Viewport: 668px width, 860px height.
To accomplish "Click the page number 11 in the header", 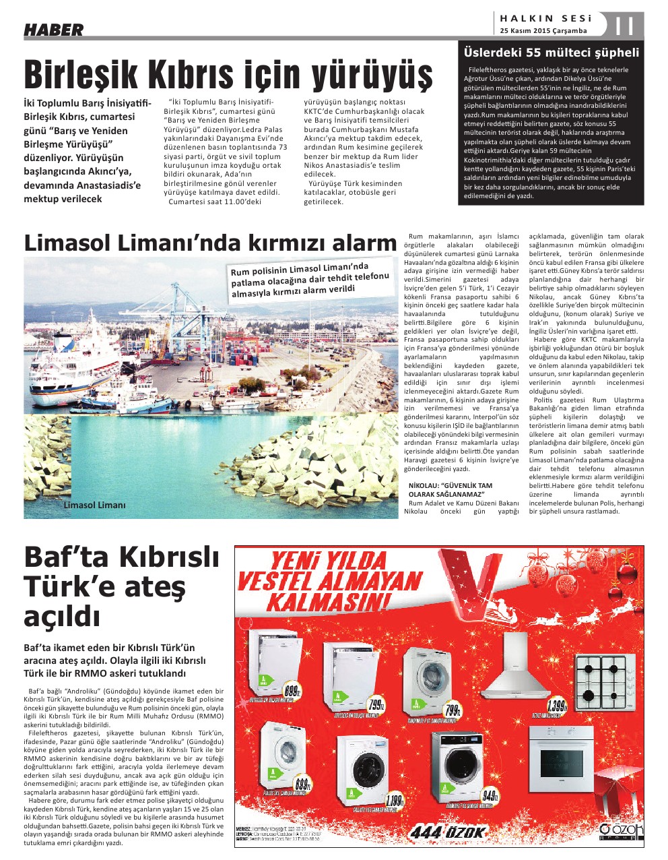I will (x=625, y=27).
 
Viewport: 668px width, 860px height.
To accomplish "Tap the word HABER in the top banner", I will (x=54, y=30).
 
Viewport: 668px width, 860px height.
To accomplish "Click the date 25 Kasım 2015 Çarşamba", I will (x=543, y=31).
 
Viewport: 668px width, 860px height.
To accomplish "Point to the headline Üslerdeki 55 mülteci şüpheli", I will (x=551, y=53).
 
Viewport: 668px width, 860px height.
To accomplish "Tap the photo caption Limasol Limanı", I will (x=94, y=505).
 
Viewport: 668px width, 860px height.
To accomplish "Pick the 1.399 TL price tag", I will (x=558, y=706).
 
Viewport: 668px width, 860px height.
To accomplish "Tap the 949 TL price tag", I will (x=490, y=795).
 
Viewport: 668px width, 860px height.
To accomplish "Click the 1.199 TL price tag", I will (x=395, y=801).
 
